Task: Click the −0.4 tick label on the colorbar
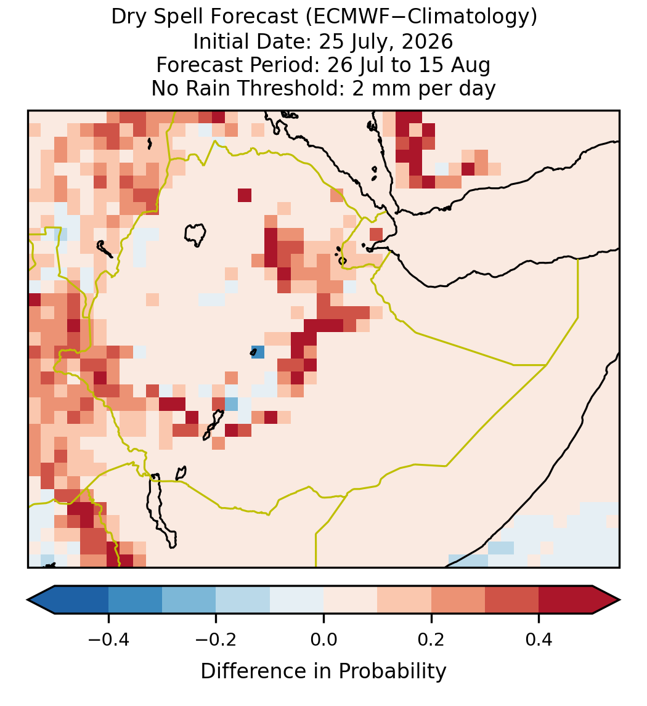click(108, 639)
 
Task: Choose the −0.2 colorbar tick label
click(216, 639)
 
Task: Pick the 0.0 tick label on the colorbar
click(323, 639)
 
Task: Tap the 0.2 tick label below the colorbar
click(431, 639)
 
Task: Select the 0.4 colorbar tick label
click(539, 639)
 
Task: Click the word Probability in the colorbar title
click(392, 672)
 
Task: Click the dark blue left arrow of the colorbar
click(41, 600)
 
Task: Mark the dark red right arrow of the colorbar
click(606, 600)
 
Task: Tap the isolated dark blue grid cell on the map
click(258, 352)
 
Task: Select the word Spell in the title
click(180, 17)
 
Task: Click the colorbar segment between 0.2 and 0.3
click(458, 600)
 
